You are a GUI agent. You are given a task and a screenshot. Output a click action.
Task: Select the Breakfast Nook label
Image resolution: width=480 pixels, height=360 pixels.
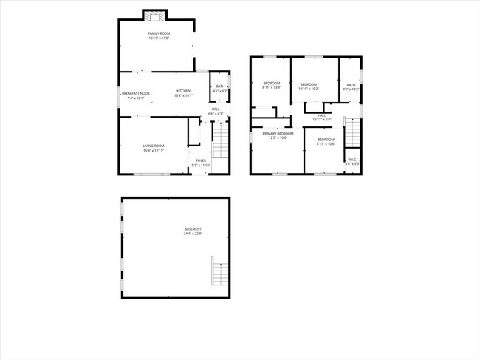pyautogui.click(x=135, y=93)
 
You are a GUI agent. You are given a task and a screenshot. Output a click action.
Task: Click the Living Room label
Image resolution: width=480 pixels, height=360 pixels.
pyautogui.click(x=154, y=146)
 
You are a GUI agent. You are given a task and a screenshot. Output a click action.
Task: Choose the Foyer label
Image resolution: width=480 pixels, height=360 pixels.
pyautogui.click(x=201, y=160)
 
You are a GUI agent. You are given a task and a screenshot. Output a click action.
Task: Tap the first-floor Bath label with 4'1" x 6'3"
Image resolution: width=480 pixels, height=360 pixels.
pyautogui.click(x=220, y=86)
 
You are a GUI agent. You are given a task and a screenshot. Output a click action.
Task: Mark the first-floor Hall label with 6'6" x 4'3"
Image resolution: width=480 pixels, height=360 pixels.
pyautogui.click(x=215, y=109)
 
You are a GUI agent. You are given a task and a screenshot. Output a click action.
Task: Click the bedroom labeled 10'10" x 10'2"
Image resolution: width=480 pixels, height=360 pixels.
pyautogui.click(x=308, y=84)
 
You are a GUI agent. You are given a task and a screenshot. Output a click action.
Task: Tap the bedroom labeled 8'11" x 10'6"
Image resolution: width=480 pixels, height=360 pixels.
pyautogui.click(x=326, y=140)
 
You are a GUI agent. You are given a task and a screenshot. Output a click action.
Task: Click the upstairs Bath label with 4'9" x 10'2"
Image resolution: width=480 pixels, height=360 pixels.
pyautogui.click(x=351, y=85)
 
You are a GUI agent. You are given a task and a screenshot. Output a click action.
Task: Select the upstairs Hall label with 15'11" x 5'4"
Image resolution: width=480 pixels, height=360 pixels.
pyautogui.click(x=322, y=115)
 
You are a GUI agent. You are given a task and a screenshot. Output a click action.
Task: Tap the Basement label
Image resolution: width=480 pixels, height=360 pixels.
pyautogui.click(x=193, y=229)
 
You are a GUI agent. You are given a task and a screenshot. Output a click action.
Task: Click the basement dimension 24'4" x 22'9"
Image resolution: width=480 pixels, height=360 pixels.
pyautogui.click(x=193, y=234)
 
